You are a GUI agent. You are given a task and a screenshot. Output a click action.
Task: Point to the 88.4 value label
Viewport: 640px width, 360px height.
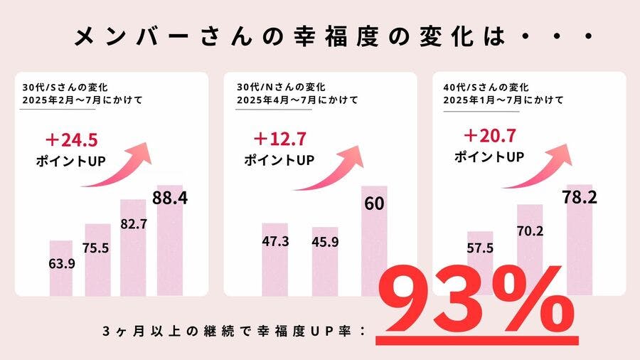pos(170,198)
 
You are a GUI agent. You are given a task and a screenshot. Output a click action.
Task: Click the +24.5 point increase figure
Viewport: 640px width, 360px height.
pos(69,140)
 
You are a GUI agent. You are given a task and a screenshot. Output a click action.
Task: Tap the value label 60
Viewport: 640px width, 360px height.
pos(374,204)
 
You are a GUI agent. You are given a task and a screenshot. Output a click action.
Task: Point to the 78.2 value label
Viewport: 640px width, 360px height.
pos(578,197)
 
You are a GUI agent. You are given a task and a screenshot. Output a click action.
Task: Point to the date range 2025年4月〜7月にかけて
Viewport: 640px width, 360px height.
pos(297,100)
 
